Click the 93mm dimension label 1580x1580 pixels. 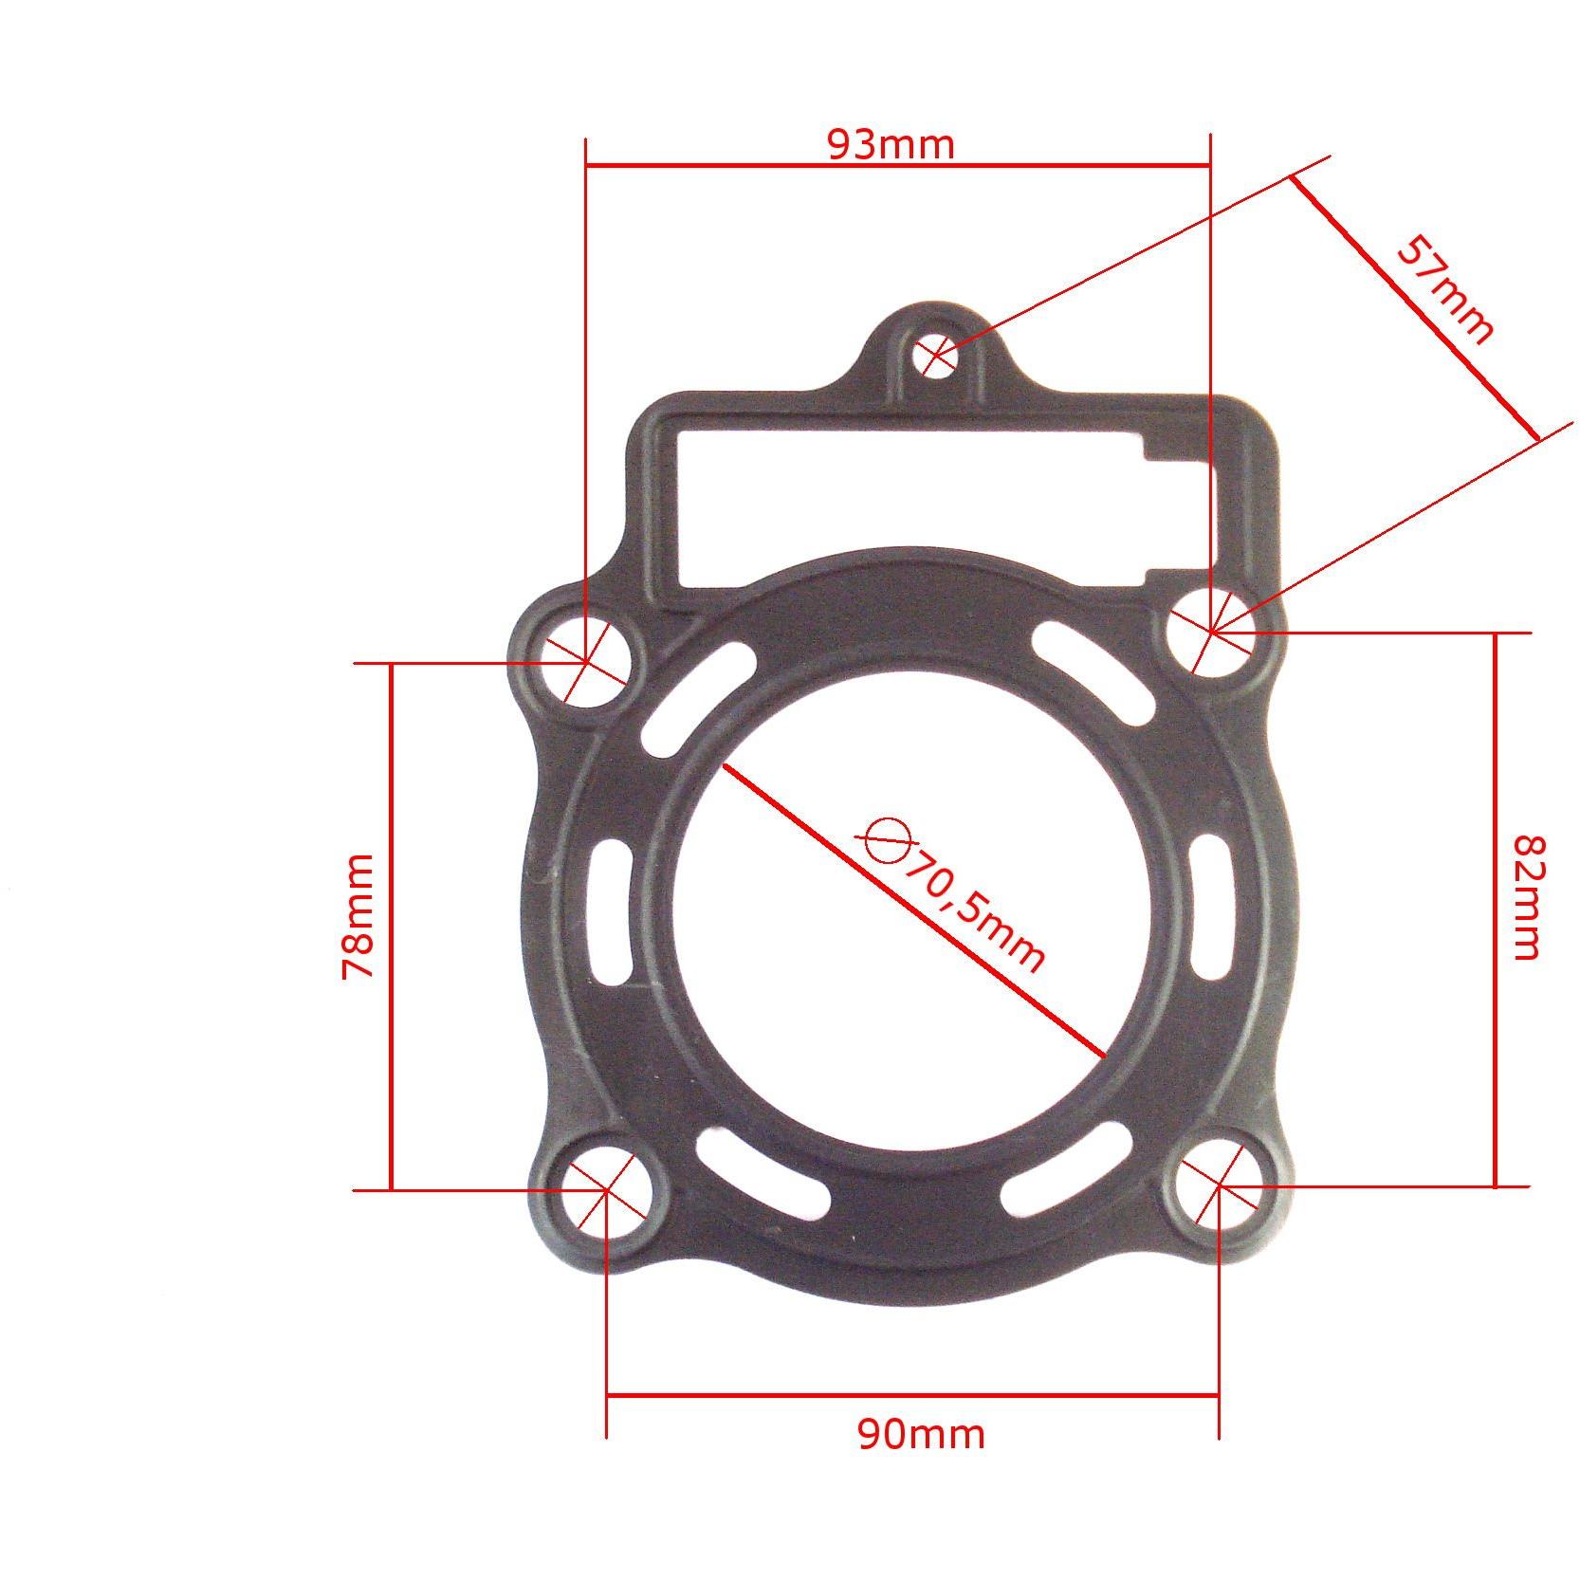pos(891,145)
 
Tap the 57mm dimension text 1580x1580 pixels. pos(1444,290)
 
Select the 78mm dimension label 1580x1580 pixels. pos(358,916)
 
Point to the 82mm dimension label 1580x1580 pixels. pos(1527,897)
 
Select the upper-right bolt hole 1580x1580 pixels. pos(1211,630)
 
